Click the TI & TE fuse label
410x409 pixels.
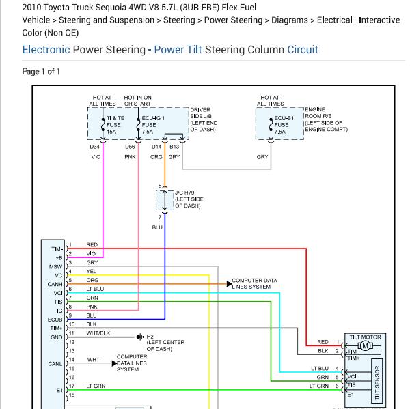pos(115,125)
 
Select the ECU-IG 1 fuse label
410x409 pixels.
pos(153,125)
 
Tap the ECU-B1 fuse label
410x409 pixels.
pos(284,125)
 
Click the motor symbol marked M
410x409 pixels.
pos(365,346)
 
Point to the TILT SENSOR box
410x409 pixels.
pos(377,381)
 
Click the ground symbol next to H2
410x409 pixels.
pos(140,337)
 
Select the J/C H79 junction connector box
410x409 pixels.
pos(165,200)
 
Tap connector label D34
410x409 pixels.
pos(95,147)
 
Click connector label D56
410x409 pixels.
pos(130,147)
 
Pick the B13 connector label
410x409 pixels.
pos(174,147)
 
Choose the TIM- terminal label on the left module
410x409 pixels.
pos(57,249)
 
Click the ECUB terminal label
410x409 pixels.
pos(55,320)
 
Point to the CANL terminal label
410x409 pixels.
pos(55,364)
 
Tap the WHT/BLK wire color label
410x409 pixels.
pos(98,333)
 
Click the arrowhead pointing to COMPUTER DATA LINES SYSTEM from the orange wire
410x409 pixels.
pos(229,284)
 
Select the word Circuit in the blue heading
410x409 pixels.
pos(303,50)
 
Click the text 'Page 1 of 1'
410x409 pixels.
pos(41,71)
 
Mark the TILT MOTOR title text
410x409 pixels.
pos(365,337)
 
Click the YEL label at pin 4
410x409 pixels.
pos(92,271)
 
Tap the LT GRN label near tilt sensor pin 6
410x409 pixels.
pos(319,386)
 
